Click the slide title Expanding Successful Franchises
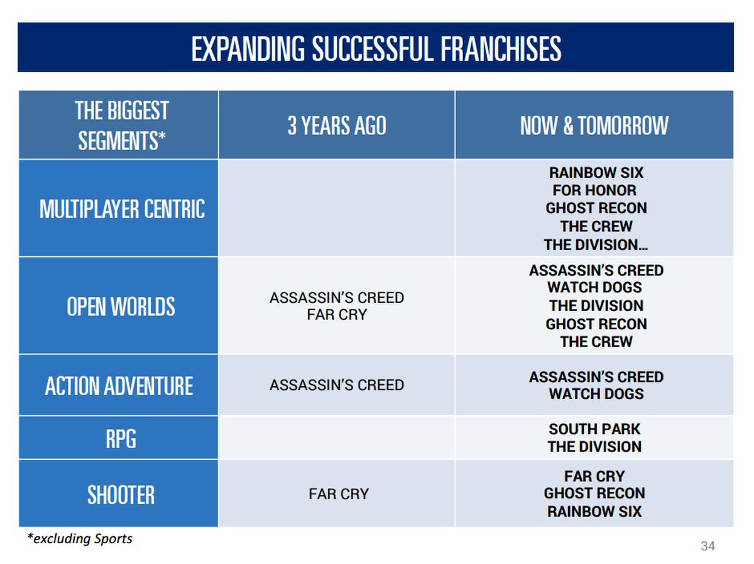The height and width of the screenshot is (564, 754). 376,48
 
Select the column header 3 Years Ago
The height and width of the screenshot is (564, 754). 337,125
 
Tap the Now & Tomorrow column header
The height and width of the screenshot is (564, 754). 594,125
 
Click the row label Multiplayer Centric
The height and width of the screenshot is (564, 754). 122,209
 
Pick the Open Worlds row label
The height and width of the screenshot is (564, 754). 121,306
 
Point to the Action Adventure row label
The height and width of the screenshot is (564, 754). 119,386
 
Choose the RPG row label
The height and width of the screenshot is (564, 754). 121,438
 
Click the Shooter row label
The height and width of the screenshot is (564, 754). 121,495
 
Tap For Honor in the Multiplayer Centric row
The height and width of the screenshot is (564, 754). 594,190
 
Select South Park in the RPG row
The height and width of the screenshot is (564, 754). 594,429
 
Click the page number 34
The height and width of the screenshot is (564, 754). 708,546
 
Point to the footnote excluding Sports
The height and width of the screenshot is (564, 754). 80,538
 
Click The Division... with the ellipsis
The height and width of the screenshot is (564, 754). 596,245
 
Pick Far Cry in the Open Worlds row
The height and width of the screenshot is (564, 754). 337,315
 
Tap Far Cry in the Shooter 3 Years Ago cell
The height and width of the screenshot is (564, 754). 339,494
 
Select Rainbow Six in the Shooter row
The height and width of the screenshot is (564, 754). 594,511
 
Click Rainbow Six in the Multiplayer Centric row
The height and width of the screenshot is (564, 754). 596,172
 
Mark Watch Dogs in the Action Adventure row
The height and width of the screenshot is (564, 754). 596,394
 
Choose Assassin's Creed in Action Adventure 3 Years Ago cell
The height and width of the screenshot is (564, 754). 337,385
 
